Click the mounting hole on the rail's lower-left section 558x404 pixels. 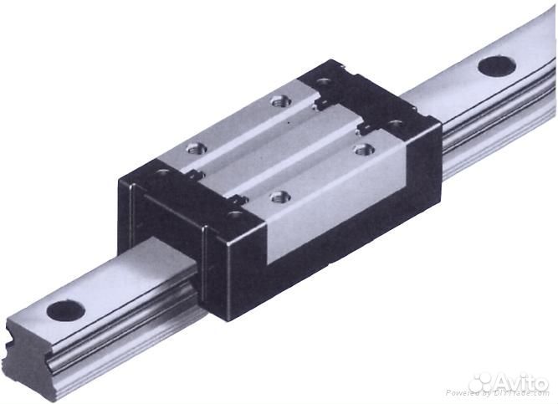(65, 310)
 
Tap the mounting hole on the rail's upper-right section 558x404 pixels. (496, 65)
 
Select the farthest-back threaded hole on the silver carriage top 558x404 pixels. (280, 101)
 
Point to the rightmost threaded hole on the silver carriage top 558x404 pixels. (362, 149)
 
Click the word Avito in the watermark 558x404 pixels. (523, 381)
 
